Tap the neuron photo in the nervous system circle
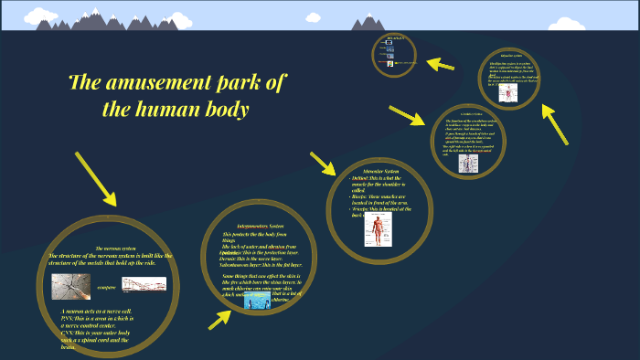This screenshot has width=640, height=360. click(70, 286)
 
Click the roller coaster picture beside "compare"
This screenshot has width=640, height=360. click(144, 284)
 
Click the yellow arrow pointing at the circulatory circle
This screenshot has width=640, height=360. click(406, 117)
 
